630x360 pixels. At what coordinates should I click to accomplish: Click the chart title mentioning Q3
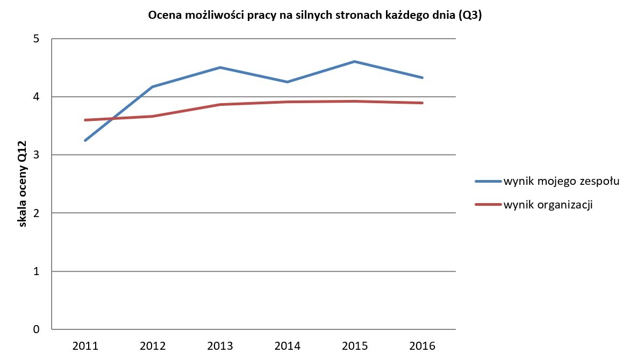click(x=314, y=16)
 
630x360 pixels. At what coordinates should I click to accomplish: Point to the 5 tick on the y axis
click(x=37, y=39)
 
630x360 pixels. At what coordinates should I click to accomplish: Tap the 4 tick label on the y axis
click(x=37, y=97)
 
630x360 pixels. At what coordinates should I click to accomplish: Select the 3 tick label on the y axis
click(x=37, y=155)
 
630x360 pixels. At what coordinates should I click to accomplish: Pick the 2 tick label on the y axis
click(x=37, y=213)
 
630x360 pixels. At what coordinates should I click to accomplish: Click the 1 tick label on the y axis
click(x=37, y=271)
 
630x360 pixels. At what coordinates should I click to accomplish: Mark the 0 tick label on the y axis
click(x=37, y=329)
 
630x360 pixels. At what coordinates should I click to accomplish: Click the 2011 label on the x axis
click(x=85, y=345)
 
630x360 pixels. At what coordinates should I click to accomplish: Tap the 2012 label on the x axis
click(x=153, y=345)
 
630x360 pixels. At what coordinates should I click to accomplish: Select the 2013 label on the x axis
click(x=220, y=345)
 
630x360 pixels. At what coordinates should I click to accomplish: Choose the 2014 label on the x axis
click(x=288, y=345)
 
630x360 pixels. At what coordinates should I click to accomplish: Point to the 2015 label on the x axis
click(x=355, y=345)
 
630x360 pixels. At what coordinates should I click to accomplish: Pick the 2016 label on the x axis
click(x=422, y=345)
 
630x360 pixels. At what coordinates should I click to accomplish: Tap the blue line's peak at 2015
click(x=355, y=62)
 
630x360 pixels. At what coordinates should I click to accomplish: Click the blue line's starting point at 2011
click(x=85, y=140)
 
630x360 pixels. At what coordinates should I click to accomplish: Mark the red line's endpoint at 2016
click(x=422, y=103)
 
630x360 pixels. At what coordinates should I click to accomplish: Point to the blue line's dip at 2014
click(x=288, y=82)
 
